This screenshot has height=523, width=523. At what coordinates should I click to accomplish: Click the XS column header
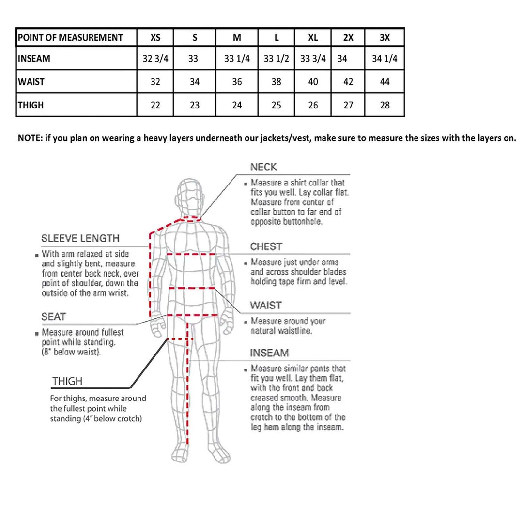click(155, 38)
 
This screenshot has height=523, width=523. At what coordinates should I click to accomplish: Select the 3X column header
click(385, 38)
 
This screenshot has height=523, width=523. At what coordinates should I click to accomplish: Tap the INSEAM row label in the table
click(34, 59)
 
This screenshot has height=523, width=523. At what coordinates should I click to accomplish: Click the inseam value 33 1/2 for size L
click(277, 59)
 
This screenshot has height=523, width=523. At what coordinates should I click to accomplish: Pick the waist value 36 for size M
click(237, 82)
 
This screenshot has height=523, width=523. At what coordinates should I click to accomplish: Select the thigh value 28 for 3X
click(385, 105)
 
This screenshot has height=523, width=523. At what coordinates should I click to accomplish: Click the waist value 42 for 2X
click(348, 82)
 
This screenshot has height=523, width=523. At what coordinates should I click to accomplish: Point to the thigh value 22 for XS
click(155, 105)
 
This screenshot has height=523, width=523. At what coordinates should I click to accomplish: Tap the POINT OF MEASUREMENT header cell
click(70, 38)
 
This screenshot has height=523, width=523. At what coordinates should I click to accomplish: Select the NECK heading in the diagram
click(263, 168)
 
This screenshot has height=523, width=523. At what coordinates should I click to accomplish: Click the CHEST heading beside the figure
click(266, 247)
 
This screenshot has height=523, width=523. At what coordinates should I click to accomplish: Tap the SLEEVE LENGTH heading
click(80, 238)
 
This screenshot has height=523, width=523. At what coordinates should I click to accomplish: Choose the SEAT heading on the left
click(54, 317)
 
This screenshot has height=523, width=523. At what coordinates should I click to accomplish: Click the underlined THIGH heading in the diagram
click(67, 382)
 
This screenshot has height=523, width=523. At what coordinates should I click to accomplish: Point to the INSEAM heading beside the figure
click(269, 353)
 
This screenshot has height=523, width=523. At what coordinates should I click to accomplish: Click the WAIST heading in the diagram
click(266, 306)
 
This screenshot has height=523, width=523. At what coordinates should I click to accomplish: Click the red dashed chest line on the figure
click(191, 254)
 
